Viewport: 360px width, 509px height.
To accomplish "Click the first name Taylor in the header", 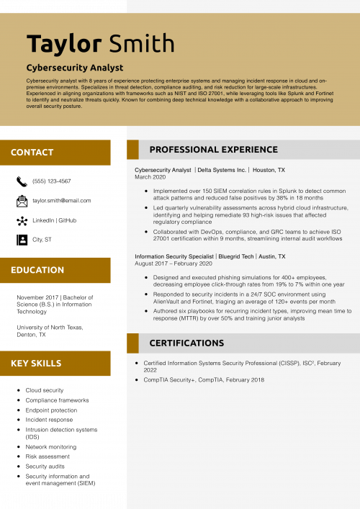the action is (x=64, y=43).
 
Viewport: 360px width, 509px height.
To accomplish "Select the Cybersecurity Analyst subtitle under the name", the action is (x=75, y=68).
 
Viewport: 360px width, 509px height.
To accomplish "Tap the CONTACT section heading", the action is (x=32, y=153).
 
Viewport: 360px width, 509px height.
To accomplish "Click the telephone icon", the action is (x=22, y=181).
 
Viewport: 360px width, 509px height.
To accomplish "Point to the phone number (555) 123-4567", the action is (x=52, y=181).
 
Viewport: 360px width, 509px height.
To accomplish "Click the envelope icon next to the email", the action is (x=22, y=200).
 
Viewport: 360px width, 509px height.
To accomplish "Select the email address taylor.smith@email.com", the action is (x=62, y=201).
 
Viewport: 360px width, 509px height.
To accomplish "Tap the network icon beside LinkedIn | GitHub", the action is (x=22, y=220).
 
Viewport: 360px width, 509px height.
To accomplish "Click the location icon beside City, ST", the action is (x=22, y=240).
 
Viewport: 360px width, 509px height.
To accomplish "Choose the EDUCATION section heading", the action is (x=37, y=270).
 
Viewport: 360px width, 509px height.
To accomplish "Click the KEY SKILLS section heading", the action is (x=36, y=364).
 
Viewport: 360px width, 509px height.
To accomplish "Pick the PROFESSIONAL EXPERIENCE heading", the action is (x=213, y=150).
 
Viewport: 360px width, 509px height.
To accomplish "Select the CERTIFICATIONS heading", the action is (x=186, y=343).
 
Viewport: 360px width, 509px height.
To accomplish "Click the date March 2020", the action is (x=150, y=177).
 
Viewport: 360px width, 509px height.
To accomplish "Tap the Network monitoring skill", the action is (x=51, y=447).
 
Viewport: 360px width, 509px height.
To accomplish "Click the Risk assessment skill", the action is (x=48, y=456).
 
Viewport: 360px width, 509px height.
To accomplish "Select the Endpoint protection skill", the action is (x=51, y=410).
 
